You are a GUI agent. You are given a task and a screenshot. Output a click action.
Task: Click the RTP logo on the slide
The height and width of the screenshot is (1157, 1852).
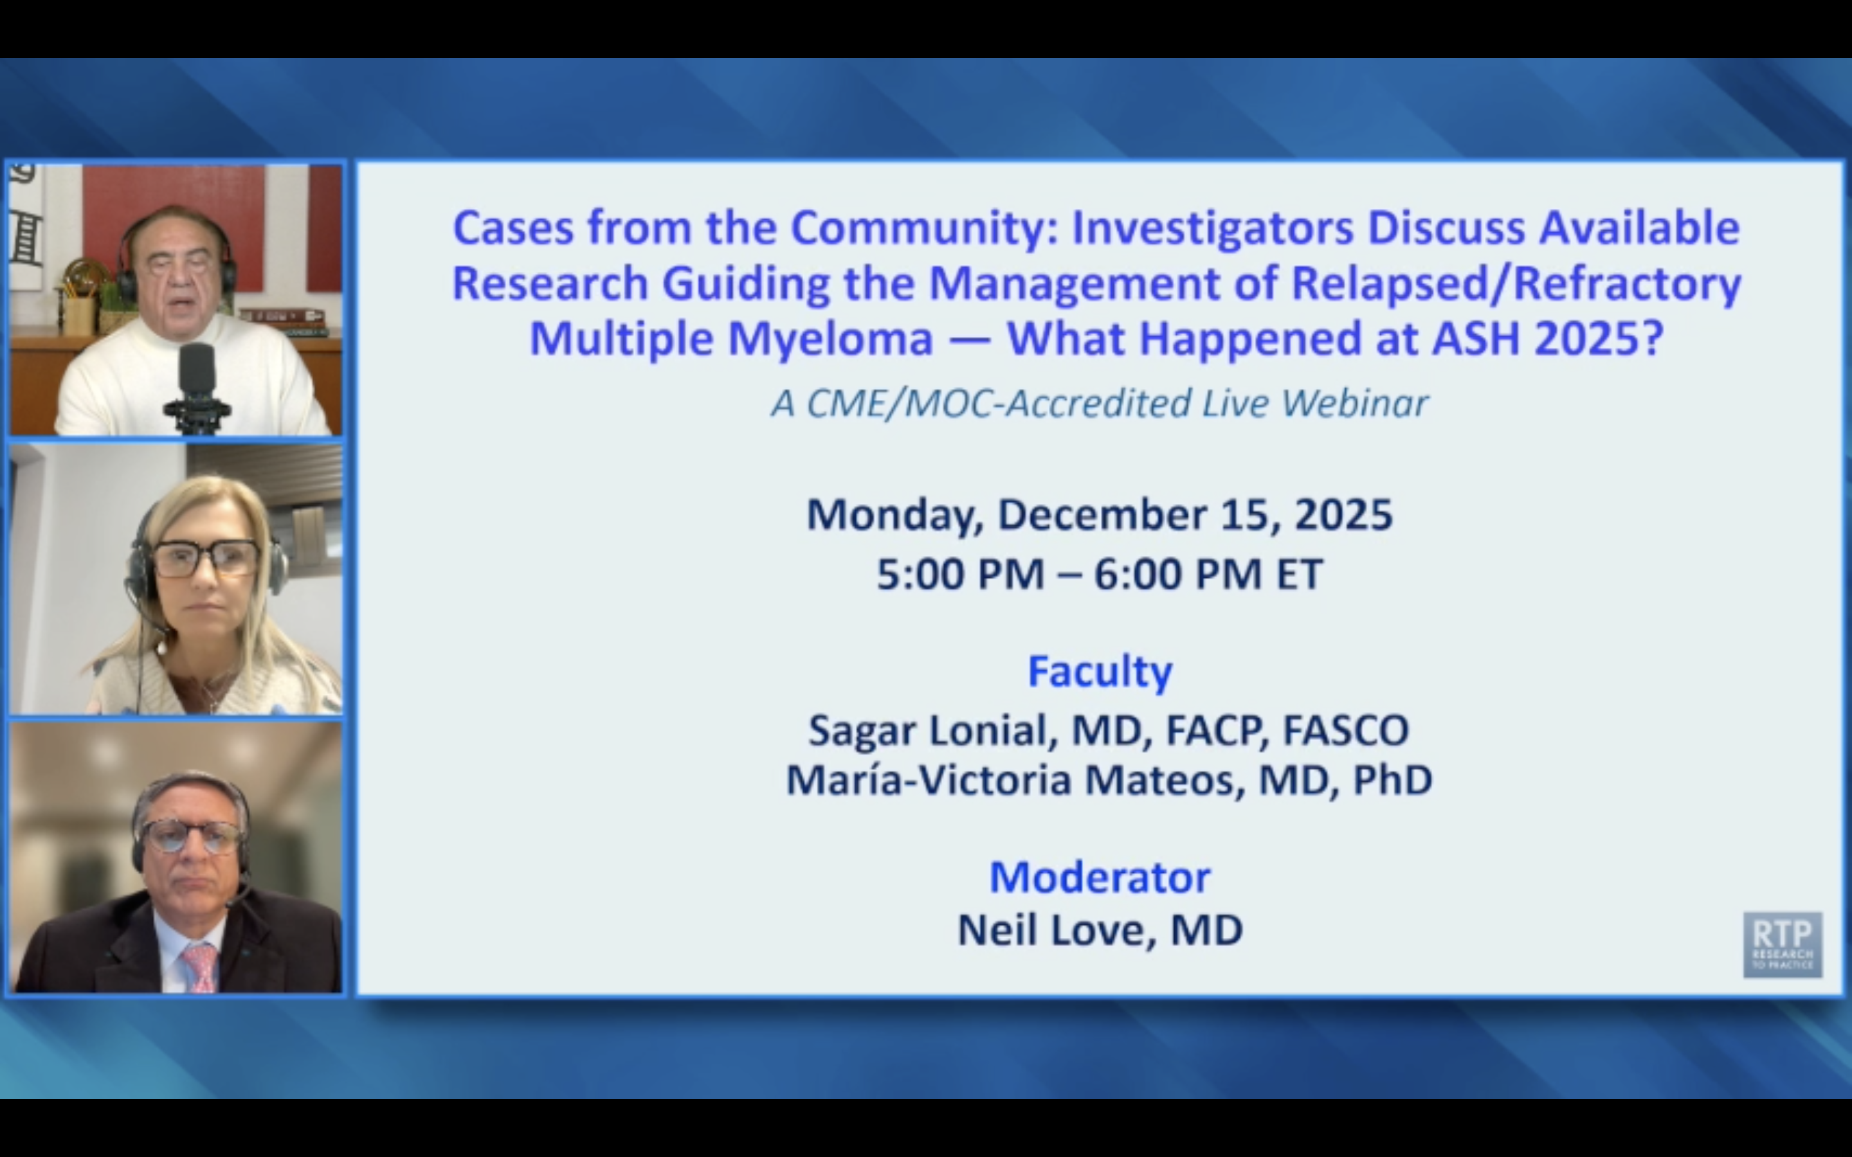point(1782,944)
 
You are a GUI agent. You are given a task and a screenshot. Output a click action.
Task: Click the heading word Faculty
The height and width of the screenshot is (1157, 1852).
point(1099,672)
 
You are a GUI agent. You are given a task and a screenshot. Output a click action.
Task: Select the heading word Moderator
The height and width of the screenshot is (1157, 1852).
point(1099,877)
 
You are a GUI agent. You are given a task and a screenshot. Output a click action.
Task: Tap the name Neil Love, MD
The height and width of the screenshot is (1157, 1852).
point(1099,931)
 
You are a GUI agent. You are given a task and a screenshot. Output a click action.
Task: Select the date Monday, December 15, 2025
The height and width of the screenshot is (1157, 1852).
point(1099,514)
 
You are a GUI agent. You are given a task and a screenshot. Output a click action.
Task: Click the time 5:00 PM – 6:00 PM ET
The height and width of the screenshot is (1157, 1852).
point(1099,574)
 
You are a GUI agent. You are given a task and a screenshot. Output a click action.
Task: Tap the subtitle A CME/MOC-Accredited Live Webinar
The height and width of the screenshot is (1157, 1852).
point(1099,403)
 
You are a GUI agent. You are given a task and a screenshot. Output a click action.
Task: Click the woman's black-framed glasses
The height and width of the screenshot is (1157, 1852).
point(205,559)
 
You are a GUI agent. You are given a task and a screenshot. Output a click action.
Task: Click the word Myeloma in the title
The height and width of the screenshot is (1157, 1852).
point(830,338)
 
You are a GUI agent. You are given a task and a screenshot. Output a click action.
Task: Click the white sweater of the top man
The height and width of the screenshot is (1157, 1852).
point(115,382)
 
